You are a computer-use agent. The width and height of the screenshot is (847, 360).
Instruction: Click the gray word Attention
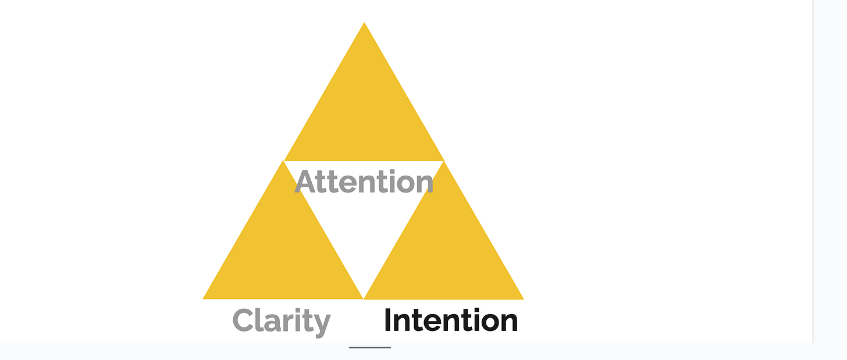pyautogui.click(x=364, y=182)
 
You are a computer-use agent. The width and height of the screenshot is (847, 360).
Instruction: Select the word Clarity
pyautogui.click(x=281, y=321)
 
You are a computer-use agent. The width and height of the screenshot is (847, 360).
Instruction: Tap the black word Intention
pyautogui.click(x=451, y=320)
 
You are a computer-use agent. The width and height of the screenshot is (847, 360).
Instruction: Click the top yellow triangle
pyautogui.click(x=364, y=111)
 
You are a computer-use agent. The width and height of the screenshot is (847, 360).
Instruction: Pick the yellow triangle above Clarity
pyautogui.click(x=283, y=250)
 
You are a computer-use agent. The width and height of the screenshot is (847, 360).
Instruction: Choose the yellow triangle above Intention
pyautogui.click(x=444, y=250)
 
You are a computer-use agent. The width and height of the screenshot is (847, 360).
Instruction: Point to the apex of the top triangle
pyautogui.click(x=364, y=23)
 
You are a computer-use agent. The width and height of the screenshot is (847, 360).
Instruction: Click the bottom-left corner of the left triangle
pyautogui.click(x=204, y=298)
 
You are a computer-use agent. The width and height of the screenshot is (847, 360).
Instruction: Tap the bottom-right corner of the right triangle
pyautogui.click(x=523, y=299)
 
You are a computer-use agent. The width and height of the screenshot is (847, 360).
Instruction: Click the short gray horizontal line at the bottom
pyautogui.click(x=370, y=348)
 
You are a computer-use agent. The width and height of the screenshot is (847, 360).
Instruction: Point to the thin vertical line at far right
pyautogui.click(x=813, y=174)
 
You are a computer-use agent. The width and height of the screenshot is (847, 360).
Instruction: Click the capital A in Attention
pyautogui.click(x=307, y=182)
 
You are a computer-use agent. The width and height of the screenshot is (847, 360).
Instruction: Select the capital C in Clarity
pyautogui.click(x=244, y=320)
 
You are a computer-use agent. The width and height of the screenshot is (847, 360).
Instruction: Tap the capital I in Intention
pyautogui.click(x=388, y=320)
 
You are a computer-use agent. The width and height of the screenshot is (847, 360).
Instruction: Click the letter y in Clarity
pyautogui.click(x=321, y=324)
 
